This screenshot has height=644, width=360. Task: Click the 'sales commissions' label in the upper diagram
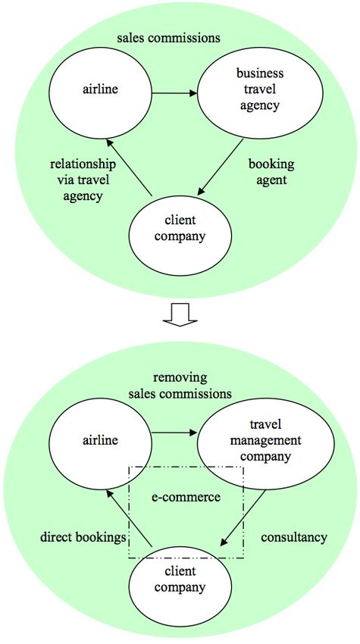point(168,38)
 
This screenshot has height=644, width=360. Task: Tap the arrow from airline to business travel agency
point(174,94)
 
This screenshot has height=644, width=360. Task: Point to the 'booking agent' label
point(271,172)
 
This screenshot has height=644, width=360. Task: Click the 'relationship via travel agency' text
point(83,180)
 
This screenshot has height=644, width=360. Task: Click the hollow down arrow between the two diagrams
point(180,314)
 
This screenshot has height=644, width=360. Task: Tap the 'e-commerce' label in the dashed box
point(186,497)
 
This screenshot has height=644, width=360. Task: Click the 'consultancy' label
point(294,537)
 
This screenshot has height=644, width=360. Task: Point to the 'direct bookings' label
point(83,538)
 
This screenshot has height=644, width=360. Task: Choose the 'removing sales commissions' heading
point(180,386)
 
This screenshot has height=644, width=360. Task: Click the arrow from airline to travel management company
point(174,433)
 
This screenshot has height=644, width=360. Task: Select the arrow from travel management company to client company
point(243,517)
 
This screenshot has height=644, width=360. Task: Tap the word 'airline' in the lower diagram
point(100,440)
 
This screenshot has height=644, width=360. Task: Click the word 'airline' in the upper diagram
point(100,89)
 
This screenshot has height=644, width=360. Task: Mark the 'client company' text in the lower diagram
point(180,579)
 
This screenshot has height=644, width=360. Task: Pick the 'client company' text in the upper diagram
point(180,228)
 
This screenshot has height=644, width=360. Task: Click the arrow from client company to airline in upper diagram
point(129,167)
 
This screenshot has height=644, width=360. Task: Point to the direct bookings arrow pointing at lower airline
point(129,518)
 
